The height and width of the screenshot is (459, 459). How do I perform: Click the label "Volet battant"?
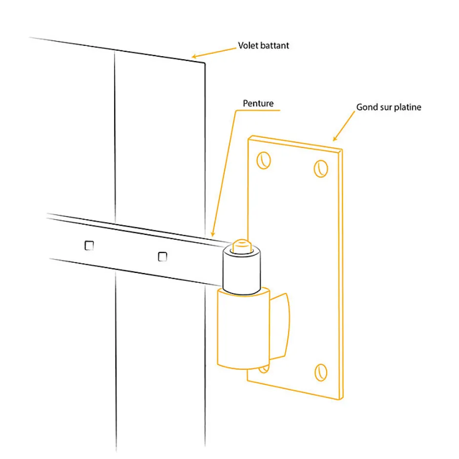click(x=264, y=45)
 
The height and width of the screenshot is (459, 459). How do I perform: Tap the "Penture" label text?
click(x=258, y=104)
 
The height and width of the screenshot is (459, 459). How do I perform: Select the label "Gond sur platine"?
click(x=389, y=107)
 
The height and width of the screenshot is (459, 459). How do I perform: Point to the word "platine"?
click(x=407, y=107)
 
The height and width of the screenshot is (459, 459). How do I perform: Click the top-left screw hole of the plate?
click(x=264, y=161)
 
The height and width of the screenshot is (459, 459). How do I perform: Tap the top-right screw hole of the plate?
click(x=321, y=168)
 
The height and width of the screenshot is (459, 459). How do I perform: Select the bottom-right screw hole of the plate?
click(x=321, y=373)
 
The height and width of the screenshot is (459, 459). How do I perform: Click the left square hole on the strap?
click(x=89, y=246)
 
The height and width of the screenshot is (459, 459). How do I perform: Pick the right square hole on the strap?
click(x=163, y=257)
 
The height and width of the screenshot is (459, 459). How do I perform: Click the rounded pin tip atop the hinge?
click(x=242, y=246)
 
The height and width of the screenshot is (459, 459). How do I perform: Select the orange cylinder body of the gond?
click(x=243, y=328)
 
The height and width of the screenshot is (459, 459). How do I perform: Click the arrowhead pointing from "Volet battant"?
click(x=194, y=57)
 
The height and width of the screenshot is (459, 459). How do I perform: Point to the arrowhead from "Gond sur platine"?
click(x=335, y=139)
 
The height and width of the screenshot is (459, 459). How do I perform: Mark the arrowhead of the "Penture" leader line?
click(x=213, y=233)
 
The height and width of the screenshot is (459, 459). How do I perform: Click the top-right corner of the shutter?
click(x=205, y=63)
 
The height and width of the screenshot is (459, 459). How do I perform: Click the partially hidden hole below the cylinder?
click(x=264, y=370)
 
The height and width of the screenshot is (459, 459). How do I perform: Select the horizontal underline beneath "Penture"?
click(x=258, y=110)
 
